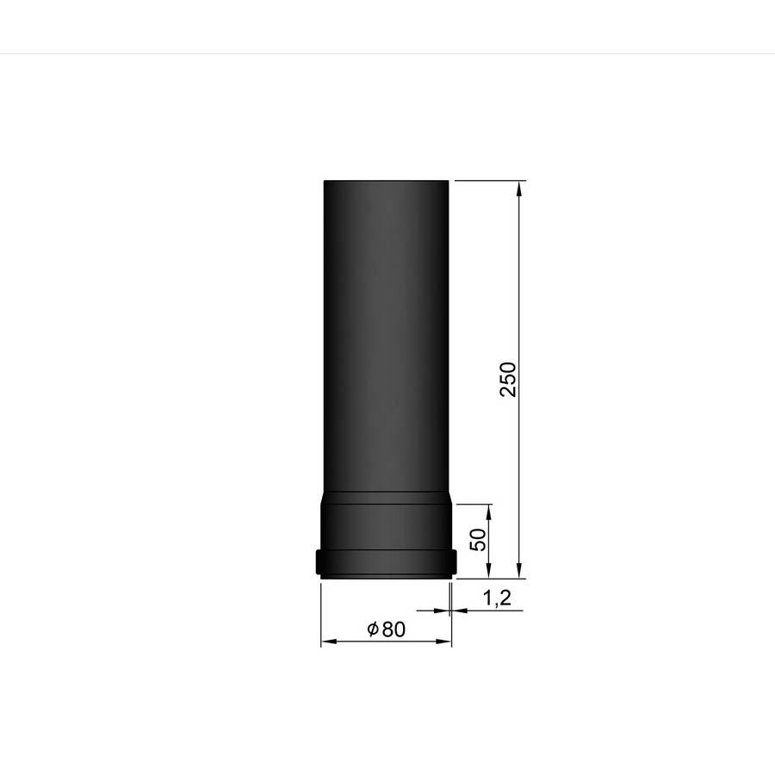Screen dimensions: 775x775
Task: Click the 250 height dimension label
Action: click(x=507, y=379)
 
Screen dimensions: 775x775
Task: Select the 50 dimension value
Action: click(x=478, y=539)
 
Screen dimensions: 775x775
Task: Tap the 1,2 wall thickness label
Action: click(x=496, y=598)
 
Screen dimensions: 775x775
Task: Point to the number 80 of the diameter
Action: click(x=394, y=629)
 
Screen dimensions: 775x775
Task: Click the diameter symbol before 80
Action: click(x=373, y=629)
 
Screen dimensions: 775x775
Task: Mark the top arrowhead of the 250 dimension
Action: click(x=518, y=189)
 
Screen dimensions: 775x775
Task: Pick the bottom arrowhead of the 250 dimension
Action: click(x=518, y=569)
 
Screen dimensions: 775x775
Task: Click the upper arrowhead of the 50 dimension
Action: click(x=489, y=512)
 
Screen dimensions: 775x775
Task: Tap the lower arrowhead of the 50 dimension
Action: click(x=489, y=569)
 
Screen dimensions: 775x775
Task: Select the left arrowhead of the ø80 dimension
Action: click(x=329, y=642)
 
